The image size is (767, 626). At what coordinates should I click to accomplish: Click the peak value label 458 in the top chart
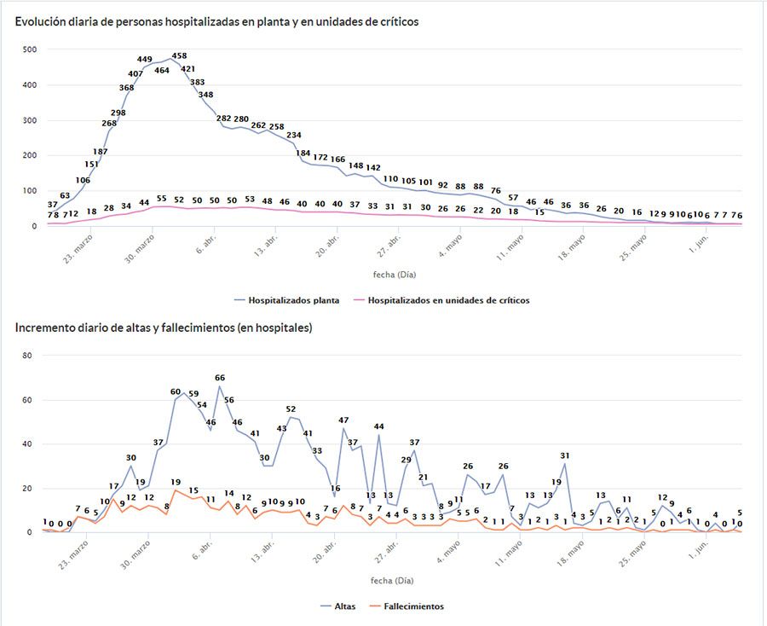[179, 56]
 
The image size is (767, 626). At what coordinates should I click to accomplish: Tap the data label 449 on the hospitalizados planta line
[145, 59]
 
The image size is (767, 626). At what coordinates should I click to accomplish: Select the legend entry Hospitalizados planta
[286, 300]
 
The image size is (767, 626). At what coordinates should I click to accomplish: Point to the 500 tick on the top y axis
[30, 49]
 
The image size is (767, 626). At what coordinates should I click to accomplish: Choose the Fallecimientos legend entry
[408, 606]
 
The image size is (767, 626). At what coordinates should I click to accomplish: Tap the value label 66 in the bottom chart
[220, 378]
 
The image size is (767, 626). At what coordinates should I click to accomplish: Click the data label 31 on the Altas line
[564, 455]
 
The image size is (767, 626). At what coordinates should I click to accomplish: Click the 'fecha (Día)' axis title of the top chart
[395, 274]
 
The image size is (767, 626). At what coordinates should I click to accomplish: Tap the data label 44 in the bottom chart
[379, 426]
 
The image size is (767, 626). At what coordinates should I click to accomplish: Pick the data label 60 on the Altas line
[176, 391]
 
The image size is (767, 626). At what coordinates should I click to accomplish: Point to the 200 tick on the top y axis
[30, 155]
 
